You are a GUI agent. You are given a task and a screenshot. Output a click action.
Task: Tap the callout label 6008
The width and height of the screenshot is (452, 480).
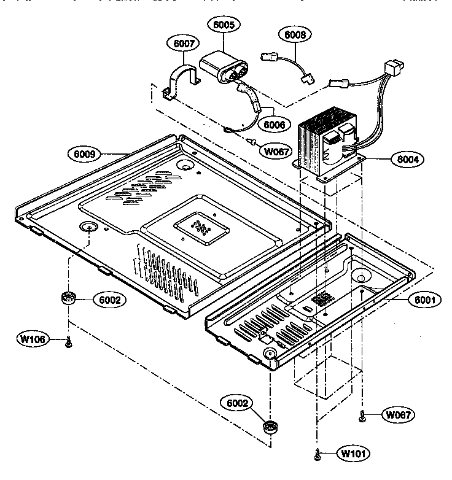click(295, 34)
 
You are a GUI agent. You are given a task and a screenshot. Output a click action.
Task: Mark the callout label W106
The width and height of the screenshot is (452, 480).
click(32, 339)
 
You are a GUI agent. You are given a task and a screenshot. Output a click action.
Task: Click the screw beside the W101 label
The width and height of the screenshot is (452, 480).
click(318, 455)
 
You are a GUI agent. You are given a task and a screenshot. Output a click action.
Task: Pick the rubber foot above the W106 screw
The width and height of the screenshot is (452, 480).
click(69, 299)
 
